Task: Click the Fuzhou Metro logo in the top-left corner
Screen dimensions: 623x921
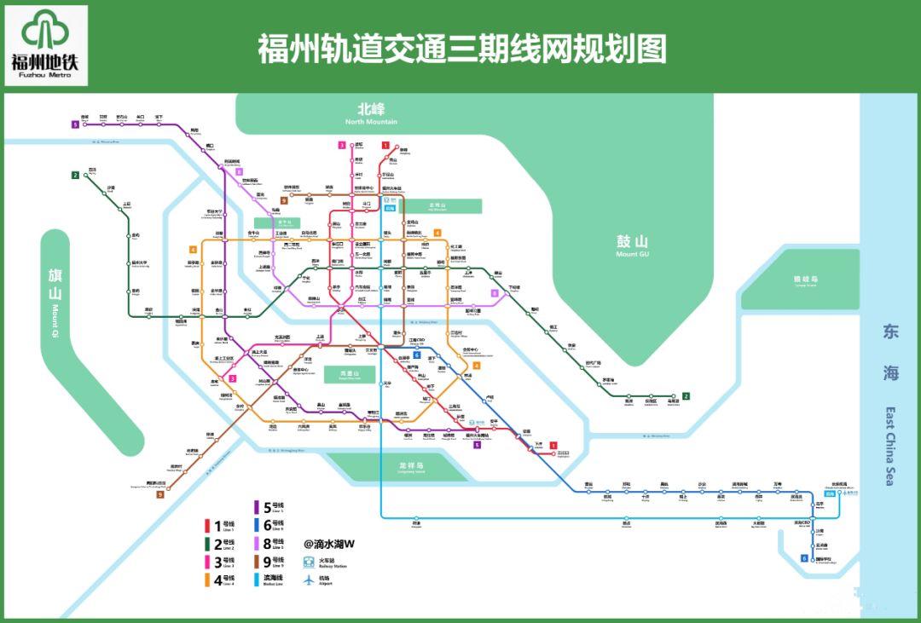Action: [49, 45]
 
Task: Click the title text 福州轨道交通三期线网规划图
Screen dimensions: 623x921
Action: [461, 49]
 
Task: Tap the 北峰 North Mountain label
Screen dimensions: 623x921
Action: [371, 113]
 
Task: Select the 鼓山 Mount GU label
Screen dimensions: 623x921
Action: [632, 245]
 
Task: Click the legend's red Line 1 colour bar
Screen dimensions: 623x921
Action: [206, 526]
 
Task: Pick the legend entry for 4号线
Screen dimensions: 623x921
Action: [223, 580]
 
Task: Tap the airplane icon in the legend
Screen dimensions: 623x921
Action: [309, 580]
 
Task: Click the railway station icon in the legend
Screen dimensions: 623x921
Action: [309, 562]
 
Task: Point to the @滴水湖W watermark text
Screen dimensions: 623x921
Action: [329, 543]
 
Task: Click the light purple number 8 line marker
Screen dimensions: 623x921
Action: [495, 293]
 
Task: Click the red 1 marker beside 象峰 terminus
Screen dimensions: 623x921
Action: [385, 146]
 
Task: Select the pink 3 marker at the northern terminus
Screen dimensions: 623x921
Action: [341, 146]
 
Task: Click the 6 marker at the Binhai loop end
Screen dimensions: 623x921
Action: [804, 559]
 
